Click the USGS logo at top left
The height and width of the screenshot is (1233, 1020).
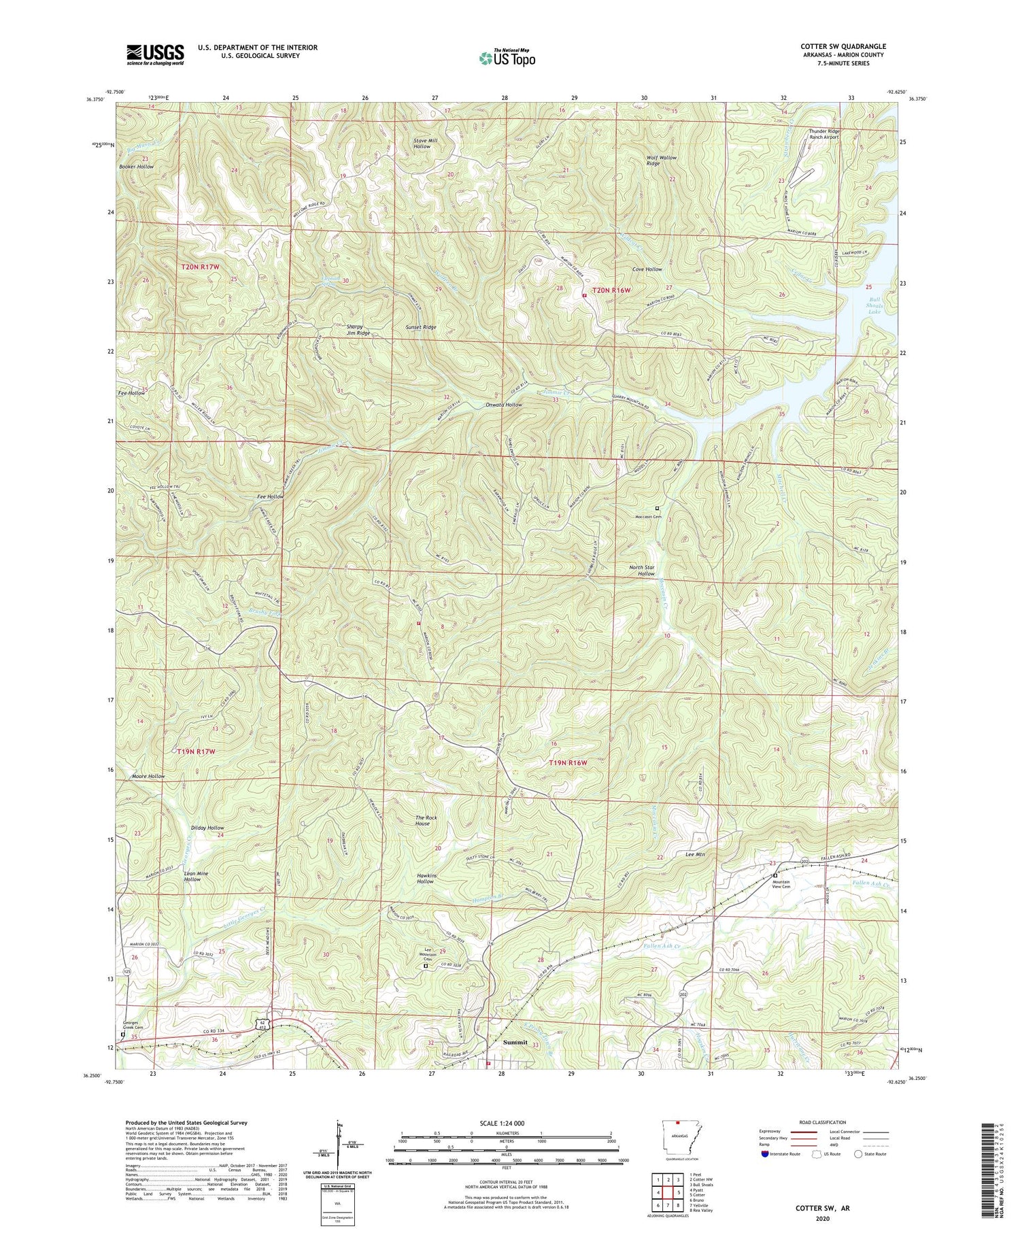click(x=155, y=54)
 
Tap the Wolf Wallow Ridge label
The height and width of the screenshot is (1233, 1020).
click(x=662, y=161)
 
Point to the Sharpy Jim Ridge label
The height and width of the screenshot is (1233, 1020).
click(x=358, y=330)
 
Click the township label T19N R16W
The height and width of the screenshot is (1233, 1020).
click(x=567, y=763)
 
